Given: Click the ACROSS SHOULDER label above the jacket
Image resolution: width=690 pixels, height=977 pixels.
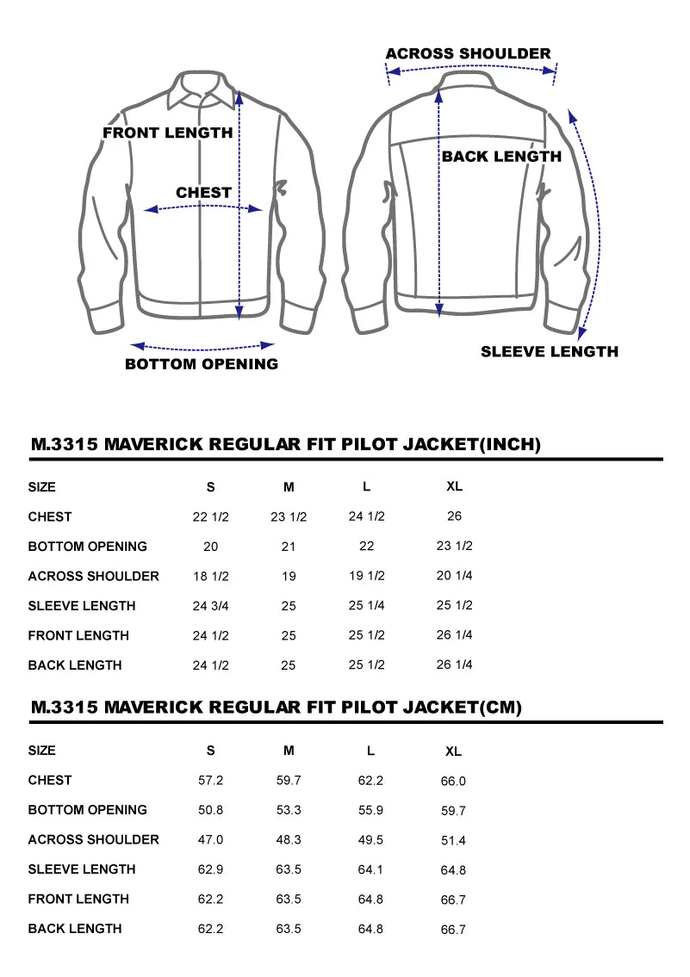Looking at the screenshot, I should click(468, 53).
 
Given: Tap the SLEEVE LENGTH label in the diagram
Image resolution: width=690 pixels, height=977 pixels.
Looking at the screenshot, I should click(549, 351).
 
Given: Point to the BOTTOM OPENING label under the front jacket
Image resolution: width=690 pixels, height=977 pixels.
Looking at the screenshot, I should click(202, 364).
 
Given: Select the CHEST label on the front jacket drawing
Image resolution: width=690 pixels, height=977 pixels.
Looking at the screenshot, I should click(203, 193).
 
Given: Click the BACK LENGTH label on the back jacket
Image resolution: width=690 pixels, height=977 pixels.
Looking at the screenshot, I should click(501, 157).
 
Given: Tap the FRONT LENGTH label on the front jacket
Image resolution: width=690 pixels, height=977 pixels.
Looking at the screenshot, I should click(167, 133).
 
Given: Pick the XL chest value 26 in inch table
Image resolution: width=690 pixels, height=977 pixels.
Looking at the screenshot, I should click(455, 516).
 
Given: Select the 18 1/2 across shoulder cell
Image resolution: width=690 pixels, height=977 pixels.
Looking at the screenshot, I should click(211, 576).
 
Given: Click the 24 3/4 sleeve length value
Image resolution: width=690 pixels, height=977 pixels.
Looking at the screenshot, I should click(211, 606).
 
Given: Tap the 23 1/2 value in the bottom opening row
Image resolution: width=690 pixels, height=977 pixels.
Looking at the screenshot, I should click(455, 546).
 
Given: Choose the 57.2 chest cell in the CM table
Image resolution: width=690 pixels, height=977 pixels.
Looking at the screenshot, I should click(211, 781).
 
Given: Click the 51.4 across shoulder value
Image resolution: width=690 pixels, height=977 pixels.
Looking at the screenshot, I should click(453, 841).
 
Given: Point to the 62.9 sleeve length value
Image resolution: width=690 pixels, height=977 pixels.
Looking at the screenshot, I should click(211, 869).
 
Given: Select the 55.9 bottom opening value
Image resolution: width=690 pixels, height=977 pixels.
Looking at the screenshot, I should click(370, 810).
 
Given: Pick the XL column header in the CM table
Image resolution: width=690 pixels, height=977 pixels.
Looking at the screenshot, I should click(453, 751).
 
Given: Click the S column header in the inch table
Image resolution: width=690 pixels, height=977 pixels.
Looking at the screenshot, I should click(211, 487).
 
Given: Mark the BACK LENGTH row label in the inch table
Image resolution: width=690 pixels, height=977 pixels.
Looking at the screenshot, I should click(75, 665).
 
